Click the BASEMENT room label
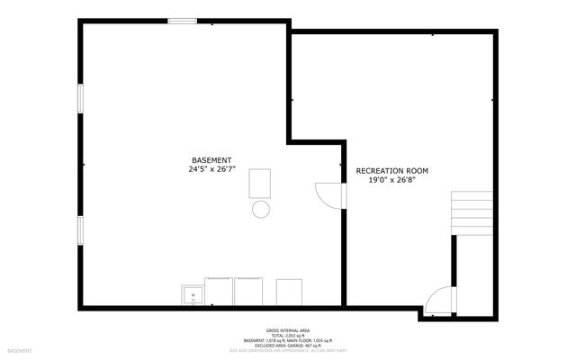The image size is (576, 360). tap(212, 159)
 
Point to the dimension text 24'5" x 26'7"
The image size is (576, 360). tap(212, 168)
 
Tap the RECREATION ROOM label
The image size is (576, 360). tap(391, 170)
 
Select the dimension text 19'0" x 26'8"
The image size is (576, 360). tap(391, 179)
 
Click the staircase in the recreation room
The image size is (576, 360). tap(471, 211)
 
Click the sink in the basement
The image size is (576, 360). tap(193, 294)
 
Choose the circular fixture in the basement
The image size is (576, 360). tap(260, 210)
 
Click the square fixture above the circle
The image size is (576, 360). tap(260, 183)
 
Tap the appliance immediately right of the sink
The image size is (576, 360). tap(220, 292)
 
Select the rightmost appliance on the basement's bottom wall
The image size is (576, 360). tap(289, 292)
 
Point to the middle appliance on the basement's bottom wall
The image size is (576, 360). tap(247, 292)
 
